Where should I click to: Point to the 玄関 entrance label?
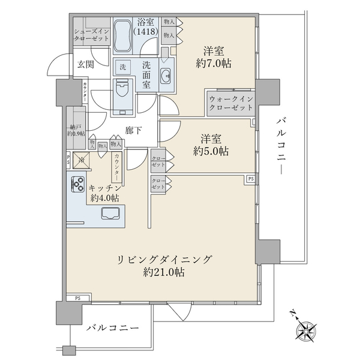tap(84, 65)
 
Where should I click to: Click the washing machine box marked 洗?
tap(123, 66)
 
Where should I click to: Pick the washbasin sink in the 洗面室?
tap(166, 75)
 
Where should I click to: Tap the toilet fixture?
tap(124, 96)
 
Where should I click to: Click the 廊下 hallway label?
tap(133, 130)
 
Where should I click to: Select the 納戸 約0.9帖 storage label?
tap(76, 130)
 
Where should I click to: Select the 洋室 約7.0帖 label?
tap(214, 58)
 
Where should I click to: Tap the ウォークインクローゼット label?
tap(230, 104)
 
